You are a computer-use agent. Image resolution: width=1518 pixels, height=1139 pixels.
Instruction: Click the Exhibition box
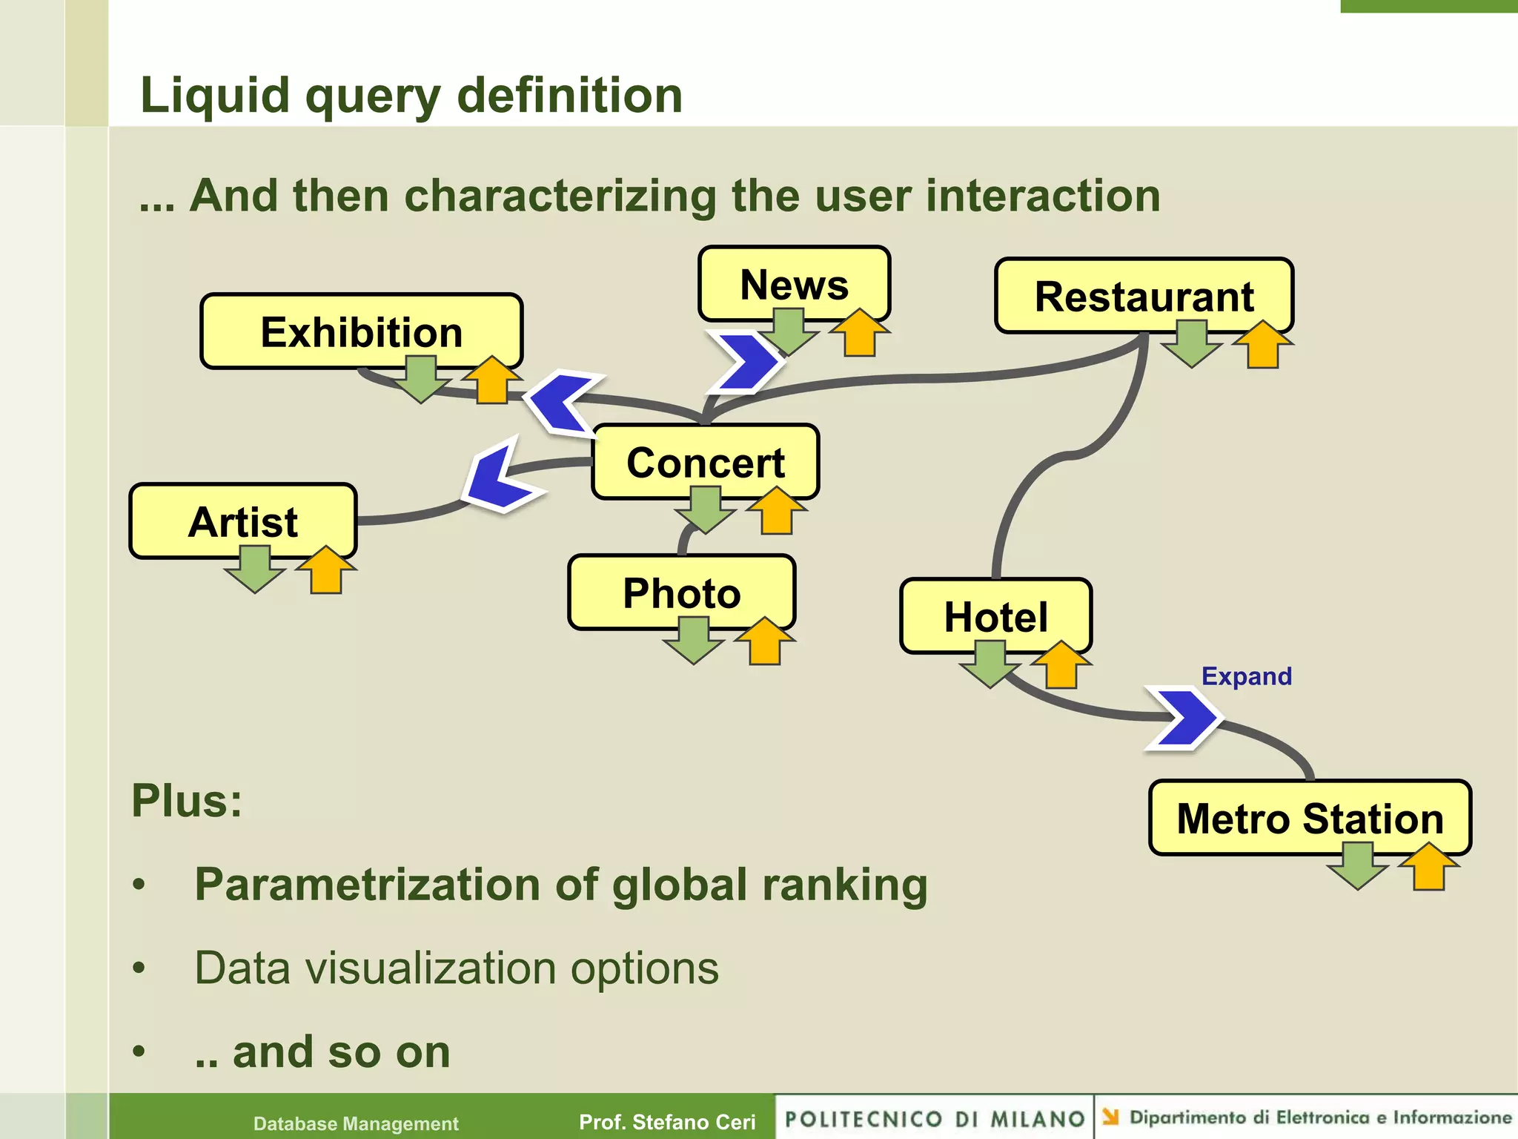coord(361,331)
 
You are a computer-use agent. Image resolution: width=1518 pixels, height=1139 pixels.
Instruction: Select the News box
coord(794,283)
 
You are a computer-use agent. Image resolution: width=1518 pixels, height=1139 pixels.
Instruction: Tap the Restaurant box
coord(1144,296)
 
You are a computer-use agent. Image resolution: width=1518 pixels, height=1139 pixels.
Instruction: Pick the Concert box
coord(705,461)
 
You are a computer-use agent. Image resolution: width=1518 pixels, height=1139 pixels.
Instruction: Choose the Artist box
coord(243,521)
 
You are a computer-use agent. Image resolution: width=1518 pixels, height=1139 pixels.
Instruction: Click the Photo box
coord(681,592)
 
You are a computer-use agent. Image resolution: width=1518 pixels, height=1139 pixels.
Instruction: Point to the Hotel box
coord(995,615)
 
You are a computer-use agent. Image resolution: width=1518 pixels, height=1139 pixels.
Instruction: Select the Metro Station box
coord(1310,817)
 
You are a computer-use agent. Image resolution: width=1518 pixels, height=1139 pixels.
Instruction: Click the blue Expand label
coord(1246,676)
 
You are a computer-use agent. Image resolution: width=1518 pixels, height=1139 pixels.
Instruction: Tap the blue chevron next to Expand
coord(1184,718)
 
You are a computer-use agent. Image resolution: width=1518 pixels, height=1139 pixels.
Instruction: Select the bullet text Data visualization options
coord(456,968)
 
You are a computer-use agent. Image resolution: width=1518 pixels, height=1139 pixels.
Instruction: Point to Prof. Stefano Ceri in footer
coord(666,1122)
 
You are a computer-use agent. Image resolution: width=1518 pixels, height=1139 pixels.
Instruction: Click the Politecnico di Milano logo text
coord(935,1118)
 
